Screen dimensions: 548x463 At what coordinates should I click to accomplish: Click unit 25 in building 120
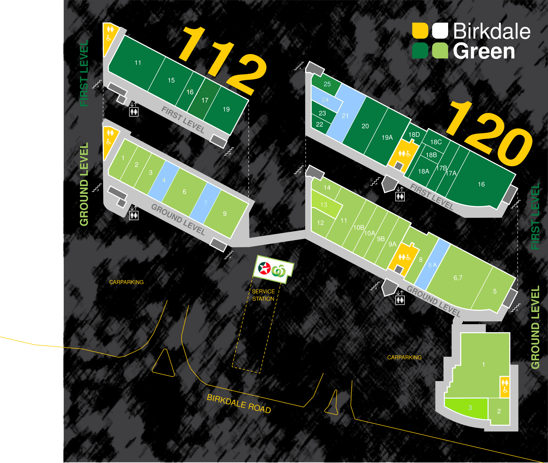[x=327, y=84]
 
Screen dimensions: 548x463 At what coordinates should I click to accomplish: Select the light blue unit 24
[x=325, y=100]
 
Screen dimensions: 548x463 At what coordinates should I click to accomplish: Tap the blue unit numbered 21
[x=345, y=116]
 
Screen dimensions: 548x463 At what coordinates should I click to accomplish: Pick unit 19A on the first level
[x=387, y=138]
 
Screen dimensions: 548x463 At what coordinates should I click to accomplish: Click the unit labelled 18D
[x=414, y=135]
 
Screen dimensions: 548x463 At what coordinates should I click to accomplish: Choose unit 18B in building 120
[x=431, y=155]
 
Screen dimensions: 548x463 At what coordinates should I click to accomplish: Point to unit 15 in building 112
[x=171, y=80]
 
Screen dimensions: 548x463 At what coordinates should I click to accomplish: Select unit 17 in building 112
[x=205, y=100]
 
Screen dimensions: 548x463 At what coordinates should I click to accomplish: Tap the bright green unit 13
[x=324, y=205]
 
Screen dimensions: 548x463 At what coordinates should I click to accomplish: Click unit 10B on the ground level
[x=358, y=228]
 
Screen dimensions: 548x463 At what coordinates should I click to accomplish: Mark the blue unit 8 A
[x=432, y=265]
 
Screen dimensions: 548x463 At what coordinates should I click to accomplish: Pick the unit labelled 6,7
[x=458, y=278]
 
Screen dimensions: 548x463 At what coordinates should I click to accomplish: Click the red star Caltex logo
[x=264, y=268]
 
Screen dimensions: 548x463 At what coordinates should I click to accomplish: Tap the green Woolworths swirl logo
[x=279, y=271]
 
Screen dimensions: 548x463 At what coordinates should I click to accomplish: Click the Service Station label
[x=263, y=295]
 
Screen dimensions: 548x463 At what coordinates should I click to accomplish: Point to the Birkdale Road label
[x=239, y=404]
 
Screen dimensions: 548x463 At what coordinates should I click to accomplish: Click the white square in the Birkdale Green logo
[x=440, y=31]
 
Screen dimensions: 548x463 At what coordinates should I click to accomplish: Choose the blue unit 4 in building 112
[x=164, y=180]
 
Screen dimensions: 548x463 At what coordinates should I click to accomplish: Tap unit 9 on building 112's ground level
[x=225, y=214]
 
